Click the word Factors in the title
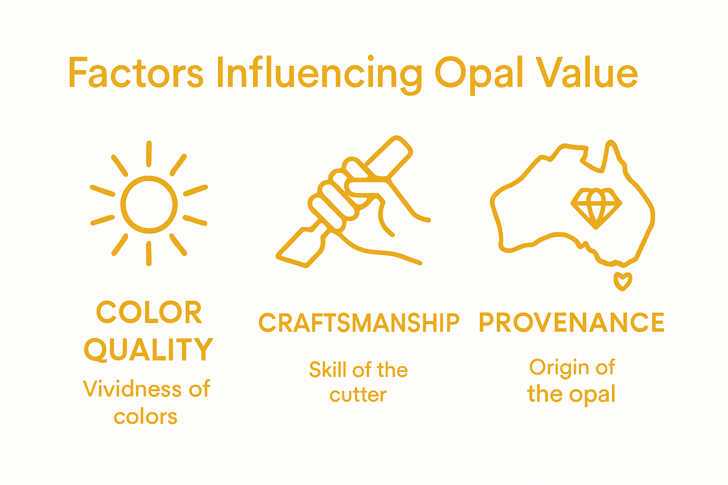tap(136, 73)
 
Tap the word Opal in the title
tap(479, 74)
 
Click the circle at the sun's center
tap(149, 205)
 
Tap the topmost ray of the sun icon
tap(149, 153)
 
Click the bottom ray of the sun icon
tap(149, 253)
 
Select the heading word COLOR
tap(149, 312)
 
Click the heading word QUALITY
tap(149, 349)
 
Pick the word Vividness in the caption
tap(132, 389)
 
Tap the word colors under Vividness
tap(146, 417)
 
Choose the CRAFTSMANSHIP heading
tap(359, 323)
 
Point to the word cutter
tap(358, 395)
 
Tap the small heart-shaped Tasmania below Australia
tap(623, 281)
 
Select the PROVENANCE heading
tap(572, 323)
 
